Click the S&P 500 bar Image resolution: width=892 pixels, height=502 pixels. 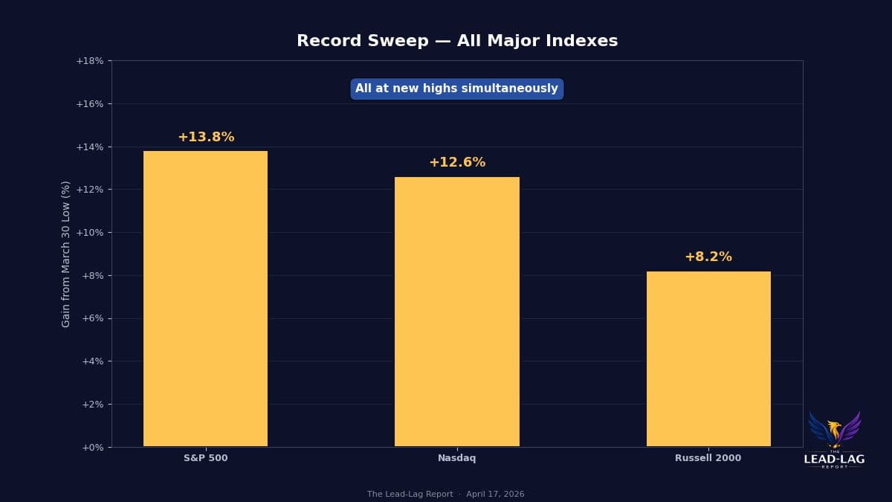click(x=205, y=298)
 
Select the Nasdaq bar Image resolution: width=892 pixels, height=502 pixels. click(x=456, y=312)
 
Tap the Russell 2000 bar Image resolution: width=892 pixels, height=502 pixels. click(x=708, y=358)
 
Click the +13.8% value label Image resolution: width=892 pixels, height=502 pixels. click(x=206, y=138)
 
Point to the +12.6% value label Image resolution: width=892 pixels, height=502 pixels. click(x=456, y=163)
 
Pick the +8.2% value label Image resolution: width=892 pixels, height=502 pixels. click(x=708, y=257)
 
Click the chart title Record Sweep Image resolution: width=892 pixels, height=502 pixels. click(x=456, y=42)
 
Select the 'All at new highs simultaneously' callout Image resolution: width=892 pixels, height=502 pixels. click(x=456, y=89)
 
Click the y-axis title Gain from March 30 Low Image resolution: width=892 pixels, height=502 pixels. click(x=66, y=254)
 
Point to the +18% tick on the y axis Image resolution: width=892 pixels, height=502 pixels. click(x=90, y=61)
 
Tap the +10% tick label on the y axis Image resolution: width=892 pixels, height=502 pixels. click(x=90, y=233)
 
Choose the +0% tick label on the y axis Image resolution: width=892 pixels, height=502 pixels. click(x=92, y=448)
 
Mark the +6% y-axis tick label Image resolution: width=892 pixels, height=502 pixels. click(x=92, y=318)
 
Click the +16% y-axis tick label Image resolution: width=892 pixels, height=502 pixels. click(x=90, y=104)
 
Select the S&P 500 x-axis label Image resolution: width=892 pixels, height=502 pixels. click(x=206, y=459)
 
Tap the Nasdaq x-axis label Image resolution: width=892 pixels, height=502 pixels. click(x=456, y=459)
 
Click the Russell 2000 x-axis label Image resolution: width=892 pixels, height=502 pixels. click(x=708, y=459)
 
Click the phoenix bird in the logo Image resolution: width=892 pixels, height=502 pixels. click(x=834, y=429)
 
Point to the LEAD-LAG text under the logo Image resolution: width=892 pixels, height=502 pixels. click(x=834, y=460)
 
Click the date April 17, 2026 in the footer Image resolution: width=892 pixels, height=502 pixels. click(x=495, y=495)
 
